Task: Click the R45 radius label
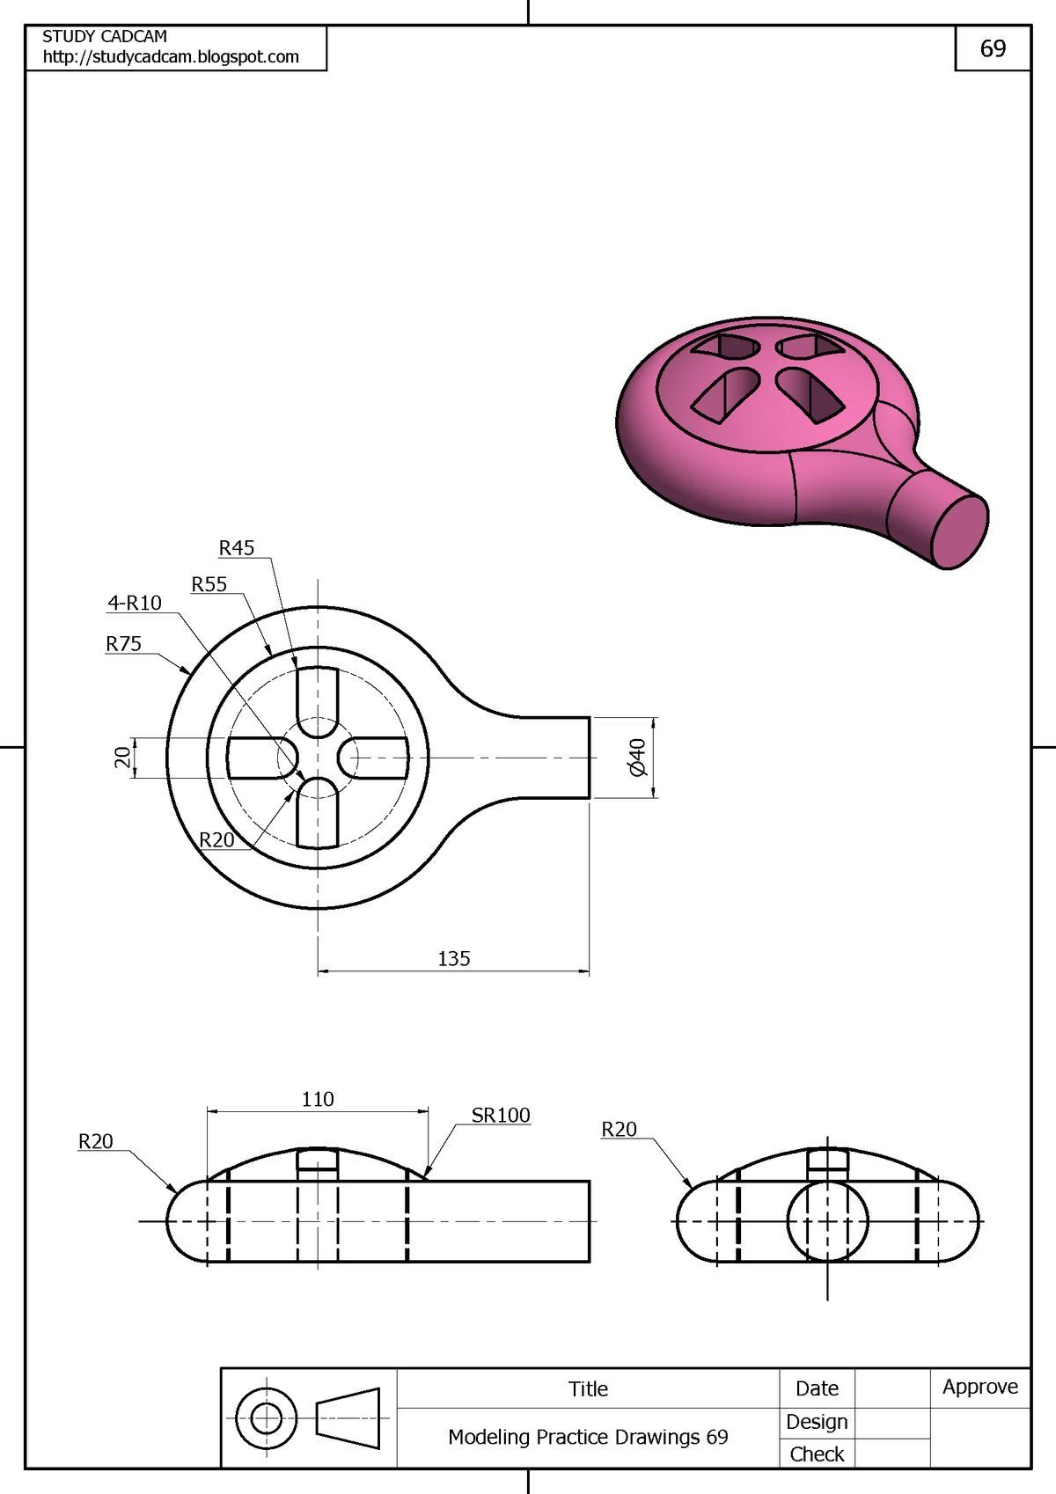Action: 236,548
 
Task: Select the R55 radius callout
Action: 209,584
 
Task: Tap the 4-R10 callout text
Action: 135,603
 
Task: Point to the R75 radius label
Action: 123,644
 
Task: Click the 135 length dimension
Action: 453,958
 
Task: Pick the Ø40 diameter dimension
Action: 638,757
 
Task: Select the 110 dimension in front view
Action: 318,1099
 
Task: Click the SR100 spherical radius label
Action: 500,1115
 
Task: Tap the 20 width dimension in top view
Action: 122,757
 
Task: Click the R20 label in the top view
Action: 216,839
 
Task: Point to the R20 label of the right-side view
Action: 619,1129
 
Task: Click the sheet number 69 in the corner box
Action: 993,48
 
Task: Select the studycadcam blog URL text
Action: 171,57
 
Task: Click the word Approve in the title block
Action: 979,1387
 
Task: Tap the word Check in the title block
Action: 817,1454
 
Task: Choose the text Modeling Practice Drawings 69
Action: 588,1437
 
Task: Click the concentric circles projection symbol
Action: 267,1418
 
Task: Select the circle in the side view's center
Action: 827,1221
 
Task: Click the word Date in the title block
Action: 817,1388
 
